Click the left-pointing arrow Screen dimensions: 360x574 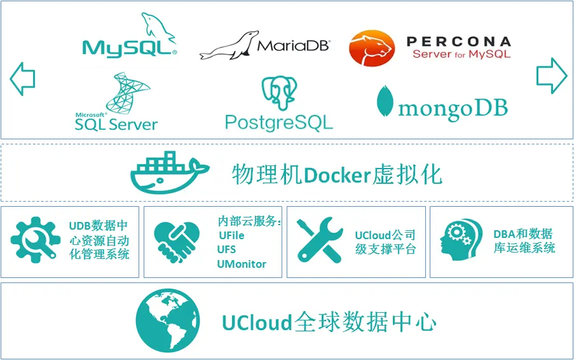(x=22, y=79)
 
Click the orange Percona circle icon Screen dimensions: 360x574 (x=372, y=48)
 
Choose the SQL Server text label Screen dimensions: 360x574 (x=116, y=124)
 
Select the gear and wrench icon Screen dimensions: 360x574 (x=36, y=241)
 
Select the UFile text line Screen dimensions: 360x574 (x=231, y=235)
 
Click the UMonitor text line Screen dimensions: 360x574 (x=242, y=264)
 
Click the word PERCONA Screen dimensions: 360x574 (x=458, y=42)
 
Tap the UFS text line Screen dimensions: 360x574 (x=227, y=249)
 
